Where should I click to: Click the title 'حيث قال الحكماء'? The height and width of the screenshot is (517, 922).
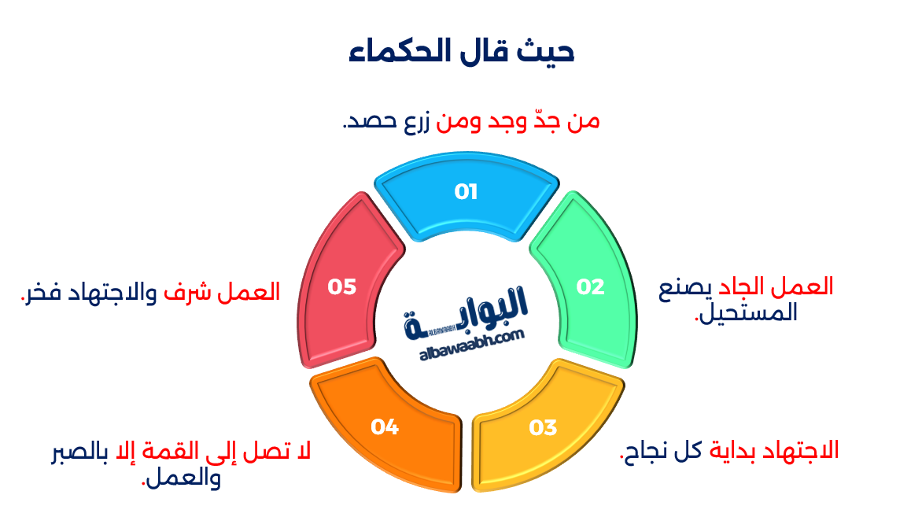pos(462,52)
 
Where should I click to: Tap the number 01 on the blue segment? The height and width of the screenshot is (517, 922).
pos(466,192)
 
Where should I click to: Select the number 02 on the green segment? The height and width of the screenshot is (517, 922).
pos(590,287)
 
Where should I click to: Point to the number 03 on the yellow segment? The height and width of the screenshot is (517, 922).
pos(543,428)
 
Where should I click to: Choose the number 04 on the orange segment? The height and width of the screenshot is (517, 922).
pos(385,427)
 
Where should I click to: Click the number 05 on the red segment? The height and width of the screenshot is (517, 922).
pos(342,287)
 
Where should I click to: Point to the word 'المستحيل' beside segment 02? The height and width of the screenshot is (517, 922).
pos(748,313)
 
